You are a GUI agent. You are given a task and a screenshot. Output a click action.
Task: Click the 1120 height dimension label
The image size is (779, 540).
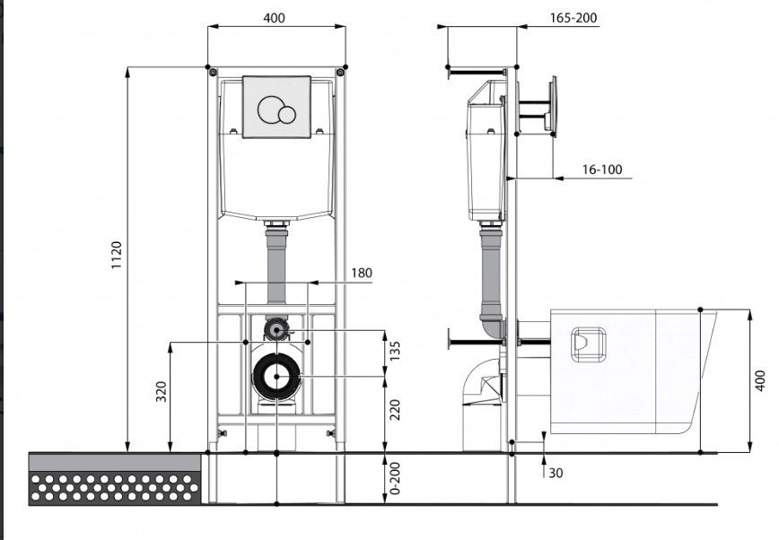[x=117, y=255]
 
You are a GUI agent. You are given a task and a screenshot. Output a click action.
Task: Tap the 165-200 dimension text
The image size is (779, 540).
[x=573, y=18]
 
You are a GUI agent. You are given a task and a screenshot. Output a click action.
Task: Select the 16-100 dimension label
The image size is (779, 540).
[x=602, y=170]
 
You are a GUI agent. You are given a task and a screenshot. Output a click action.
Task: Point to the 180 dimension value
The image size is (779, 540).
[x=361, y=273]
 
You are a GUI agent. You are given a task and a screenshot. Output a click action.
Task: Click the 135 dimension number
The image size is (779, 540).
[x=395, y=351]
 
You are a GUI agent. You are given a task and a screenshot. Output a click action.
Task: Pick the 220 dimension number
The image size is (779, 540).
[x=395, y=410]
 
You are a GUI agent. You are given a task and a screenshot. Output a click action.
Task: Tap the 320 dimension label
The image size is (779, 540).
[x=161, y=391]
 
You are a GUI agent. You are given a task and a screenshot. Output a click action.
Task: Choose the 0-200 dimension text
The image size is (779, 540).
[x=395, y=479]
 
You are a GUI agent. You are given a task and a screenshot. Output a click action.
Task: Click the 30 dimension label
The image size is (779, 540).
[x=556, y=473]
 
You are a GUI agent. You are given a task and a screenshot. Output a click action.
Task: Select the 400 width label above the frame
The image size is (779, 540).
[x=275, y=18]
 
